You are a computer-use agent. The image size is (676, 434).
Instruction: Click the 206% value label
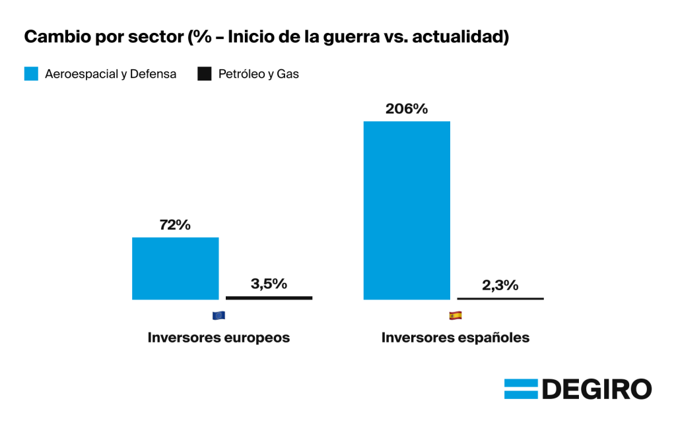point(407,109)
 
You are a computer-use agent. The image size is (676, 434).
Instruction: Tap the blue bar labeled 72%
point(175,268)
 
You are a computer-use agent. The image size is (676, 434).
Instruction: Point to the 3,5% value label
point(269,284)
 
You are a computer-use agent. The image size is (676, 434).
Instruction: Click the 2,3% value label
point(500,285)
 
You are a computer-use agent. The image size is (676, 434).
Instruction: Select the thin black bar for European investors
point(269,297)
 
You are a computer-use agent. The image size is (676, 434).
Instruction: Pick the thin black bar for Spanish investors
point(500,298)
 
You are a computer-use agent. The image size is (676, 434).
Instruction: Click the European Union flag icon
point(219,316)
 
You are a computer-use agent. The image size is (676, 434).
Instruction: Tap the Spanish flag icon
point(456,316)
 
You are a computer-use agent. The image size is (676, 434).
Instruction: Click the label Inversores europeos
point(219,338)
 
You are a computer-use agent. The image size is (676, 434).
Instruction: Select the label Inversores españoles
point(456,338)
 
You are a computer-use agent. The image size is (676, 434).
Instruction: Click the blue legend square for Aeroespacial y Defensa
point(31,74)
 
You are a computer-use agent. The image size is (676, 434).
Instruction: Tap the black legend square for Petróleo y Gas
point(205,74)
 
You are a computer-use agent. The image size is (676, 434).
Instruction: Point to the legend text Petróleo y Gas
point(259,74)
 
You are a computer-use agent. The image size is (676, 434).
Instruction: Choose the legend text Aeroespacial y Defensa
point(110,74)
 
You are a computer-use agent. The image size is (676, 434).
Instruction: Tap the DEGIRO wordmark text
point(597,389)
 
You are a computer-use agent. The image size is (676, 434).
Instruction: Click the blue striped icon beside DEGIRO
point(522,388)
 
